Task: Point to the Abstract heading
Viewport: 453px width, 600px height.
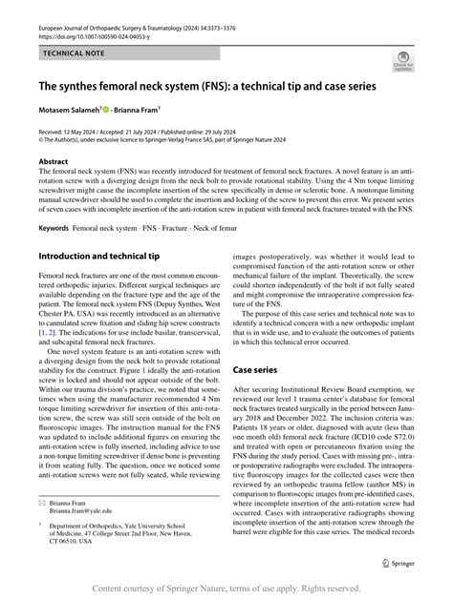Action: pyautogui.click(x=54, y=163)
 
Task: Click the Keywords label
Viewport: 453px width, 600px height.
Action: pyautogui.click(x=57, y=229)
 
